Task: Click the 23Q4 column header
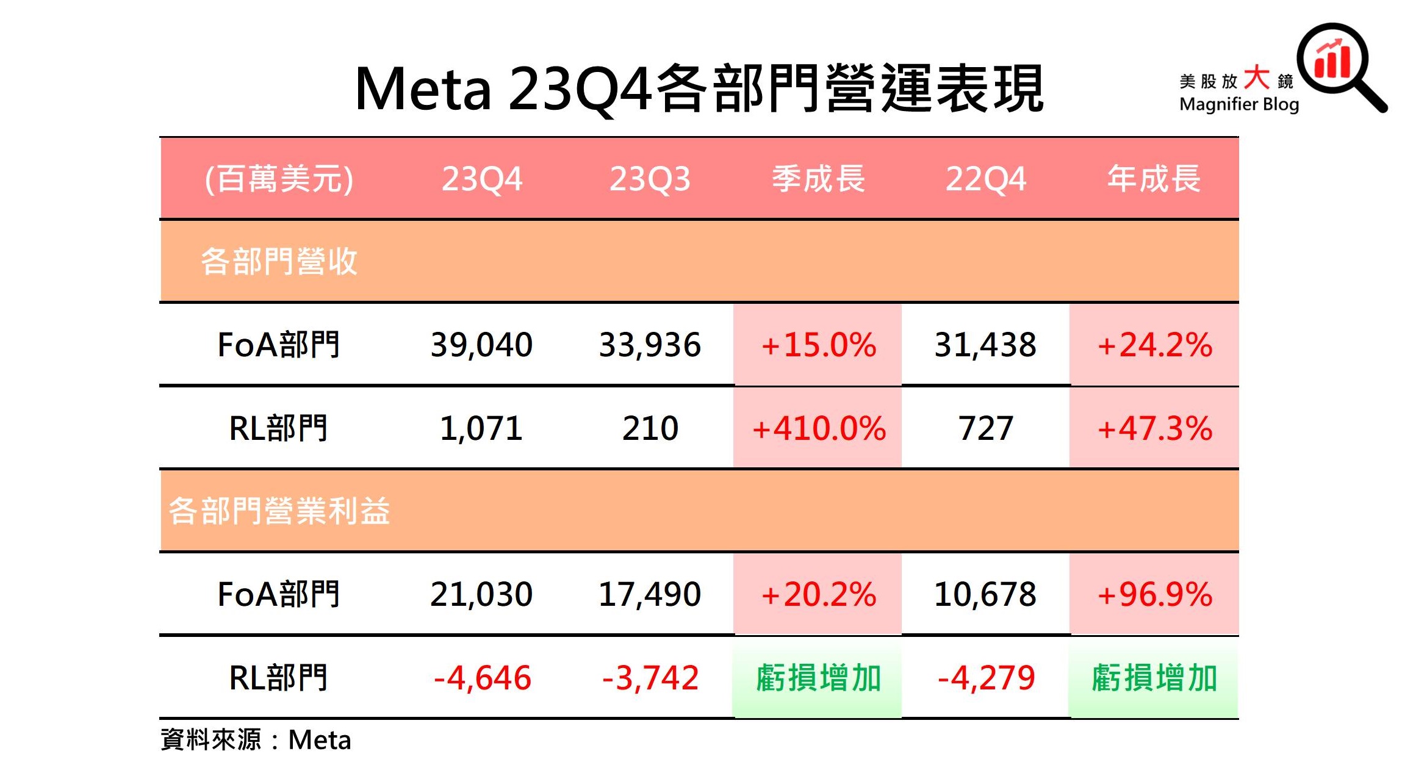tap(481, 179)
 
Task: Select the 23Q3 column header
tap(650, 179)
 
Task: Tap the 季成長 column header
tap(818, 179)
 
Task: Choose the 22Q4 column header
tap(986, 179)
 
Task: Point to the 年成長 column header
tap(1154, 179)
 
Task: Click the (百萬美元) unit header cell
tap(279, 179)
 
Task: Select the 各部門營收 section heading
tap(279, 261)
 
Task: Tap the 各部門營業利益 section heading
tap(279, 511)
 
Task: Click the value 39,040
tap(481, 345)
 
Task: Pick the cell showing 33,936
tap(650, 345)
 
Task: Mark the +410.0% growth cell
tap(818, 428)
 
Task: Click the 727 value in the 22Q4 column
tap(986, 428)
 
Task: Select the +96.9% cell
tap(1154, 594)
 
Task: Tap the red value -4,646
tap(481, 678)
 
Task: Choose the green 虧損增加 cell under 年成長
tap(1154, 678)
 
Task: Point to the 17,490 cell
tap(650, 594)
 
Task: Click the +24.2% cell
tap(1154, 345)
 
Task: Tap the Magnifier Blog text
tap(1238, 104)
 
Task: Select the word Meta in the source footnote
tap(319, 740)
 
